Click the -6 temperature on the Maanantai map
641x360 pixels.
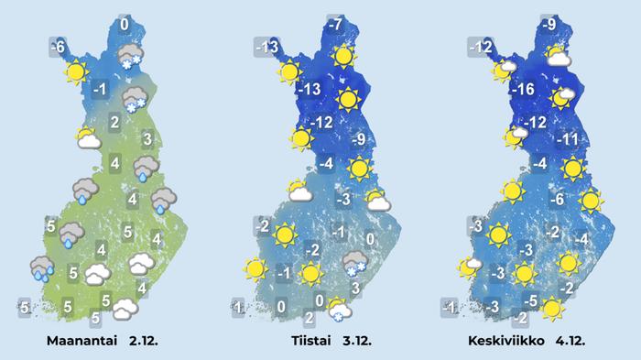pos(57,46)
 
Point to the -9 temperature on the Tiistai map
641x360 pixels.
pos(358,140)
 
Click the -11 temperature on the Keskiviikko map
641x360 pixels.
pos(570,140)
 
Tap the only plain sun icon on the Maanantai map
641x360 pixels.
pos(76,71)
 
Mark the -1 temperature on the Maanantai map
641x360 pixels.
pos(101,89)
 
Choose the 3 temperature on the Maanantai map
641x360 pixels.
pos(147,139)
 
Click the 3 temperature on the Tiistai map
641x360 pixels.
pos(356,288)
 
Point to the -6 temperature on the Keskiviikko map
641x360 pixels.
pos(556,200)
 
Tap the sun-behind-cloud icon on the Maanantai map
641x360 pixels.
pos(87,139)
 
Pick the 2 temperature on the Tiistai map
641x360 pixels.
pos(309,318)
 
